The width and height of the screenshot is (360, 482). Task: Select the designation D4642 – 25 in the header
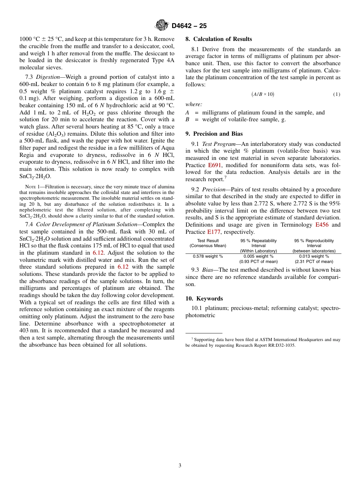tap(189, 26)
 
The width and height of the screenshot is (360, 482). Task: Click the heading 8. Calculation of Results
tap(219, 39)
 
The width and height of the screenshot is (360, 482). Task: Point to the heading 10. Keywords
tap(204, 299)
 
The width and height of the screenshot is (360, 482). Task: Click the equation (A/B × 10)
tap(263, 94)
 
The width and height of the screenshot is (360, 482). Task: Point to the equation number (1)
tap(337, 94)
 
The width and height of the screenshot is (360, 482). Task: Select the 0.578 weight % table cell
tap(208, 257)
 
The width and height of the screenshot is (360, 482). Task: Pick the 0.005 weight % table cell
tap(258, 257)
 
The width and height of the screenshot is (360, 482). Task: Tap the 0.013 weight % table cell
tap(314, 257)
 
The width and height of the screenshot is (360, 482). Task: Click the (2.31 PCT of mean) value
tap(314, 261)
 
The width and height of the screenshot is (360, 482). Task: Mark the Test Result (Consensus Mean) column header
tap(208, 243)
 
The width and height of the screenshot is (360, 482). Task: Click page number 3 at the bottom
tap(180, 466)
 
